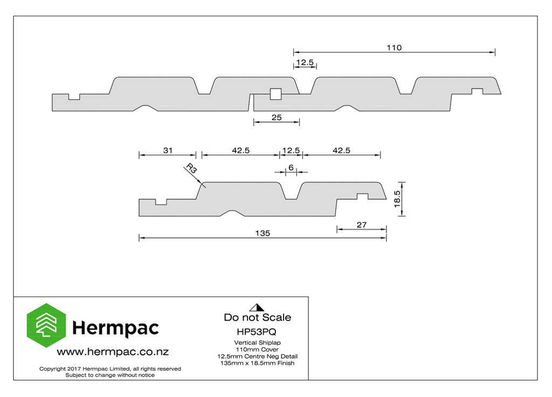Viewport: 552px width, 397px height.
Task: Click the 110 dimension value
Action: click(x=394, y=48)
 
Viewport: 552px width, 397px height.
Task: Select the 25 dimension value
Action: click(x=277, y=118)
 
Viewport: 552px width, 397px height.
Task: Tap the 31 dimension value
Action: click(x=168, y=150)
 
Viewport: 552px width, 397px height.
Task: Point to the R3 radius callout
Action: click(x=191, y=168)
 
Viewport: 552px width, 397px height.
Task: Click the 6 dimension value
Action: click(x=291, y=167)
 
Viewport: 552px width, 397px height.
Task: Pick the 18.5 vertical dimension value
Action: click(x=397, y=199)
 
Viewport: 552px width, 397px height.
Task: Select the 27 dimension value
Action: click(x=362, y=225)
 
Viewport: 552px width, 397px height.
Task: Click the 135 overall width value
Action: click(x=263, y=233)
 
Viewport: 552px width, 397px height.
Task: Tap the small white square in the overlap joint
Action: click(x=275, y=94)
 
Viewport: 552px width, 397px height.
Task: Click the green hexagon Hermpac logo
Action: click(x=46, y=325)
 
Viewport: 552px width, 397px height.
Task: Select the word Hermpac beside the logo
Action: click(x=115, y=328)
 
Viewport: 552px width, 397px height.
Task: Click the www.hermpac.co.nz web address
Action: click(x=113, y=352)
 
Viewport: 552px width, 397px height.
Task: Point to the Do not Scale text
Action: click(x=257, y=317)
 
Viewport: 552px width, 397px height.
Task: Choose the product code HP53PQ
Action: click(x=257, y=332)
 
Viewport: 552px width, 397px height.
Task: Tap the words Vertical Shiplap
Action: click(x=257, y=342)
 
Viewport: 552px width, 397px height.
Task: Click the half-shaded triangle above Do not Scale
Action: click(x=257, y=307)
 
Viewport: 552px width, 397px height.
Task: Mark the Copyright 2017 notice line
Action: click(x=110, y=369)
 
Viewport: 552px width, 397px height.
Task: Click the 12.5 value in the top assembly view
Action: click(x=305, y=63)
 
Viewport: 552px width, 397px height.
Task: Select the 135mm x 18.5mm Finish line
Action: click(x=257, y=363)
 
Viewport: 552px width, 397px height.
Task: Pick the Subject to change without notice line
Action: click(x=110, y=375)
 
